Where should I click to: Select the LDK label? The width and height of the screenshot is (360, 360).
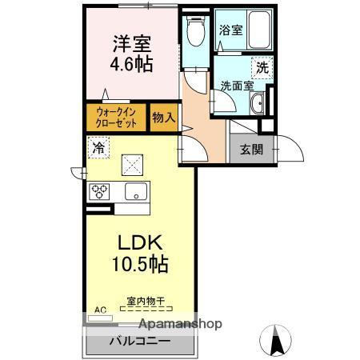[x=142, y=242]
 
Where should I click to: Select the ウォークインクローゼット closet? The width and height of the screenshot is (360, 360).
[x=116, y=118]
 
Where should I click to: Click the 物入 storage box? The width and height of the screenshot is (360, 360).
[x=163, y=118]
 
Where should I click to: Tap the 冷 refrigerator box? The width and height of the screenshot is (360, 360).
[x=98, y=147]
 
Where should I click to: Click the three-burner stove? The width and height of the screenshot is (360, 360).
[x=101, y=191]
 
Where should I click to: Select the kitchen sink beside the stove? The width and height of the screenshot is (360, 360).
[x=133, y=191]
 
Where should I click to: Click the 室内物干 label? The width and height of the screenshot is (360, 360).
[x=145, y=301]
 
